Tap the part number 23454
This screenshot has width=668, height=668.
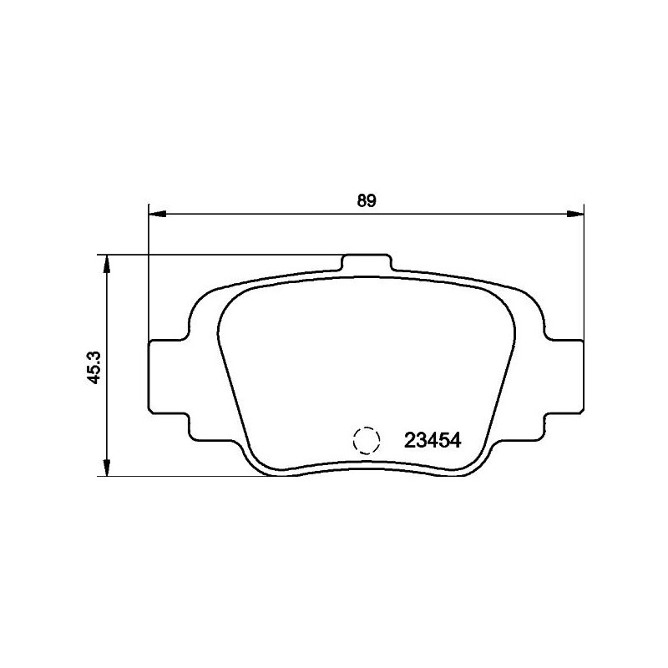coord(433,440)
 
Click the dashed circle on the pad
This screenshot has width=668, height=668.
coord(366,440)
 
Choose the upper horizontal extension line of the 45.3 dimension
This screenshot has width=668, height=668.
coord(217,255)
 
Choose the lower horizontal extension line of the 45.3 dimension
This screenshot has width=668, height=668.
coord(184,477)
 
